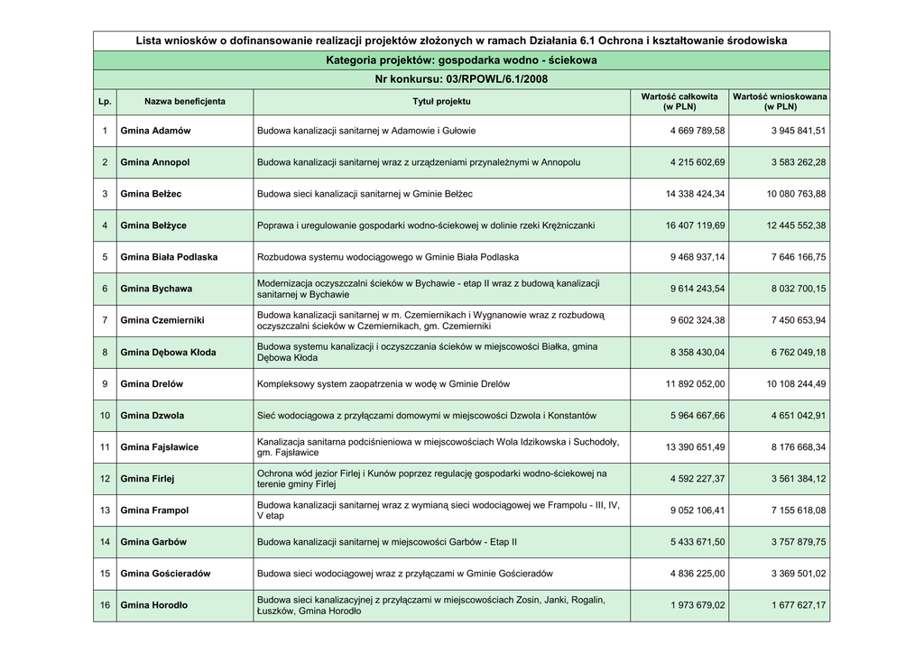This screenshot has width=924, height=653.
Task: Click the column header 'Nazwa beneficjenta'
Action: pyautogui.click(x=185, y=102)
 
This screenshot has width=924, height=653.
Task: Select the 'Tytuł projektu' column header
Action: pyautogui.click(x=441, y=102)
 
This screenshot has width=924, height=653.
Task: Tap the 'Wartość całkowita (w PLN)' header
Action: pyautogui.click(x=679, y=101)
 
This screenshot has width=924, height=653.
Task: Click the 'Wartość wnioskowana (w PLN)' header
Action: pyautogui.click(x=780, y=101)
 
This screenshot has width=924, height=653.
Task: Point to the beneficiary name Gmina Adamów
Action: pyautogui.click(x=155, y=131)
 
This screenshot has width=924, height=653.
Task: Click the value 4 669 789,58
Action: pyautogui.click(x=698, y=131)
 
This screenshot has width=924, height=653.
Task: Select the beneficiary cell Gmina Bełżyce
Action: pyautogui.click(x=153, y=225)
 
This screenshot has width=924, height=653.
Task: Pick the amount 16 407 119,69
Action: pyautogui.click(x=695, y=225)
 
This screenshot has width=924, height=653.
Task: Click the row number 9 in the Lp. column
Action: pyautogui.click(x=105, y=384)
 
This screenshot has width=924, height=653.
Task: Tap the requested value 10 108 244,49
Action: pyautogui.click(x=796, y=384)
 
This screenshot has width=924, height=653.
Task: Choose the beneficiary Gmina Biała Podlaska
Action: pyautogui.click(x=169, y=257)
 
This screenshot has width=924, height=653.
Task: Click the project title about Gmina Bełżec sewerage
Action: pyautogui.click(x=365, y=194)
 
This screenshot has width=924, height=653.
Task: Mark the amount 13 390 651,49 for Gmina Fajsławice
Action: pyautogui.click(x=695, y=447)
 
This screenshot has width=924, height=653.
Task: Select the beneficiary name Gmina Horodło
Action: pyautogui.click(x=154, y=605)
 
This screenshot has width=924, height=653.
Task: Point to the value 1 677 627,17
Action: pyautogui.click(x=799, y=605)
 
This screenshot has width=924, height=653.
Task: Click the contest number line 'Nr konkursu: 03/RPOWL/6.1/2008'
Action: pyautogui.click(x=461, y=79)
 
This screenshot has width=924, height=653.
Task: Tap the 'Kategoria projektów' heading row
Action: pyautogui.click(x=461, y=60)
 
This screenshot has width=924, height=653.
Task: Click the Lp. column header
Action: pyautogui.click(x=105, y=102)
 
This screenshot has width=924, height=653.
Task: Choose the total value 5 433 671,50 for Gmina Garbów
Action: pyautogui.click(x=698, y=542)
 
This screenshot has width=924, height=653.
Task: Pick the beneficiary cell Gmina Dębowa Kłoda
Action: pyautogui.click(x=168, y=353)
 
